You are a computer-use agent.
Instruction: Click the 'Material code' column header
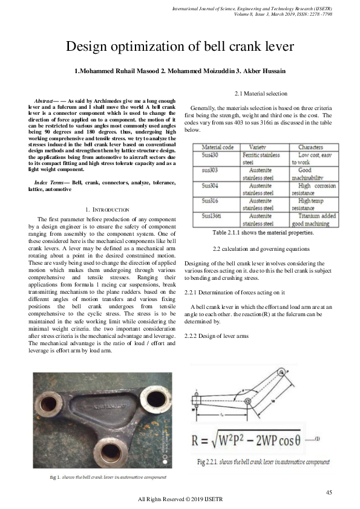tap(218, 147)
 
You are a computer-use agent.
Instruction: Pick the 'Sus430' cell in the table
tap(211, 155)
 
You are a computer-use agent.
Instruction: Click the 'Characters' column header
tap(310, 147)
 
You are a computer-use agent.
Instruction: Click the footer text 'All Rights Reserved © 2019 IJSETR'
tap(180, 499)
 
